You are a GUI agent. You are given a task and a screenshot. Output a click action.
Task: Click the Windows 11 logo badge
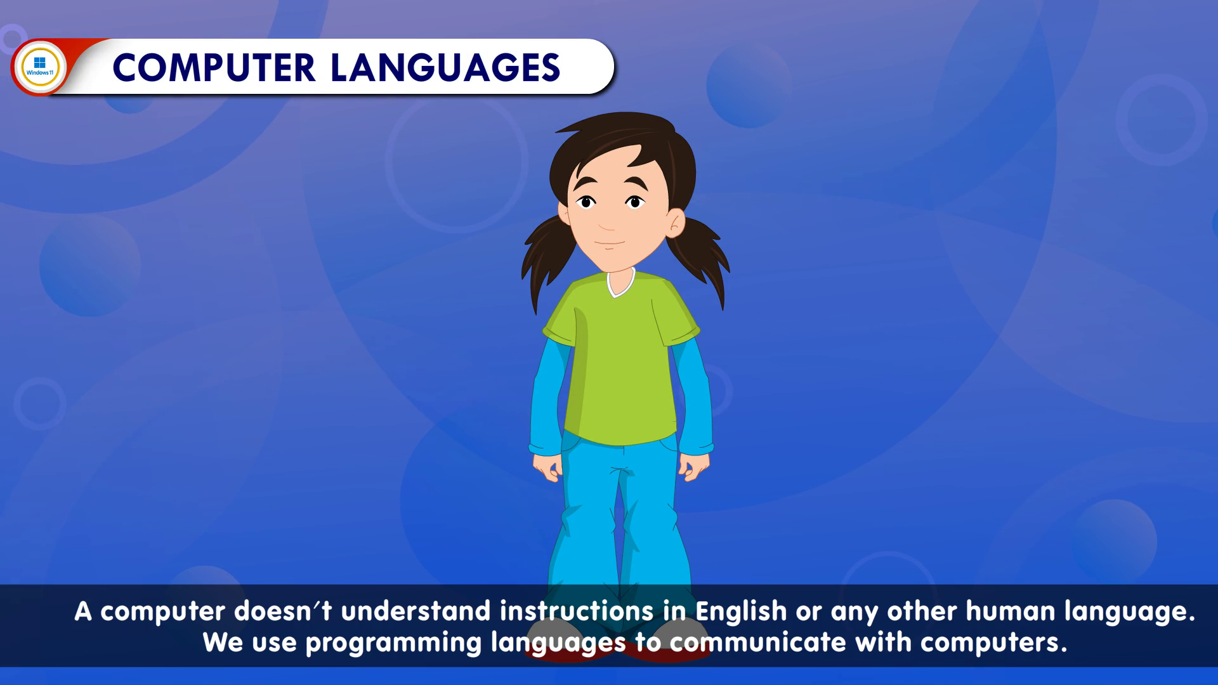point(40,67)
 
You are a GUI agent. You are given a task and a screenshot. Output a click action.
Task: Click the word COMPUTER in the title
point(214,68)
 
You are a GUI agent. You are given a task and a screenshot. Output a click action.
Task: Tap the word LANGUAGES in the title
point(445,68)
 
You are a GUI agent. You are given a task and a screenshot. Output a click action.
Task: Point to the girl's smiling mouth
point(610,243)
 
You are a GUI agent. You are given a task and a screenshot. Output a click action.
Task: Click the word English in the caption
point(741,611)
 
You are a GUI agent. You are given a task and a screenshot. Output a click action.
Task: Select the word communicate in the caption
point(757,643)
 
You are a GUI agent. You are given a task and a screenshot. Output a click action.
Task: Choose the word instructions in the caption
point(577,611)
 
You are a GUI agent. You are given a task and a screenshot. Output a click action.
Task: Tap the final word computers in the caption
point(994,643)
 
